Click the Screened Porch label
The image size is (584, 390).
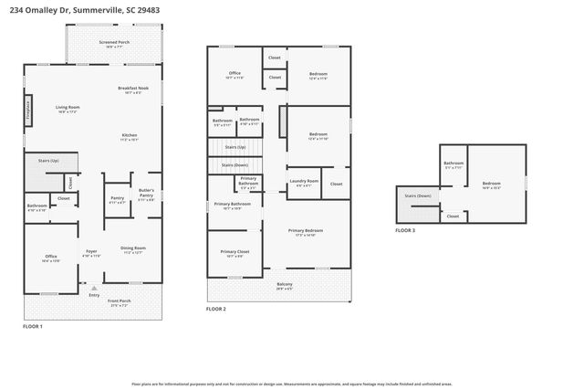114,44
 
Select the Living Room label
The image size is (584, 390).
68,108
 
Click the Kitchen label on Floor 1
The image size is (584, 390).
130,136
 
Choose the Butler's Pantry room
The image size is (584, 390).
146,194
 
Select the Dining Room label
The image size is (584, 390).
133,248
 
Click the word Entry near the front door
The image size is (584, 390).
94,294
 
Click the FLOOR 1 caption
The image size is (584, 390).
33,326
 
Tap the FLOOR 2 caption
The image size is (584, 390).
215,310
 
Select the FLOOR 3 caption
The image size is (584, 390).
405,231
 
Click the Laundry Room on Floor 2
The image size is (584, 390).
304,181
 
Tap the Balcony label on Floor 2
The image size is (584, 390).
285,284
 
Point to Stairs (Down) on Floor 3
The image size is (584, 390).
418,196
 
